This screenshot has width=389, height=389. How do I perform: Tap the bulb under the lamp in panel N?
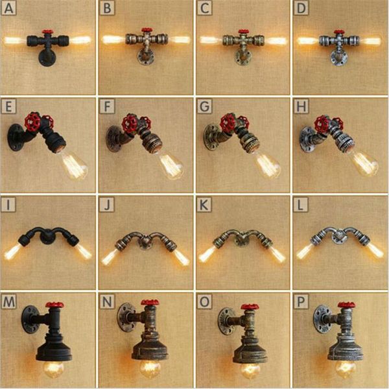[150, 369]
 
